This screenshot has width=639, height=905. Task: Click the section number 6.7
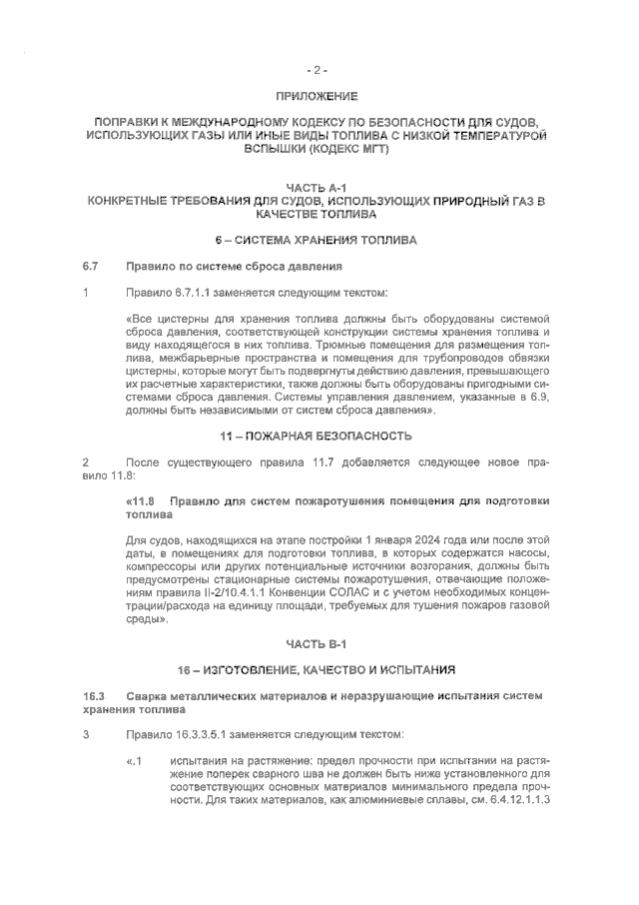pyautogui.click(x=91, y=267)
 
